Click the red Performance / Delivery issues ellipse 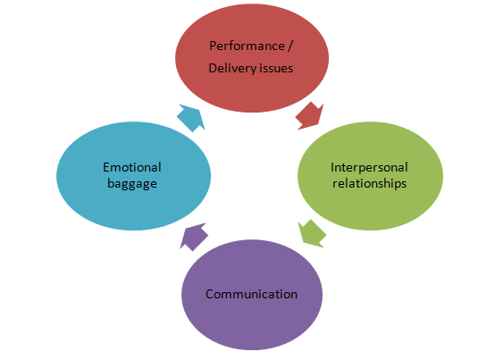(x=252, y=58)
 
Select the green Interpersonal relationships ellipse (x=370, y=176)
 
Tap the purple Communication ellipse (x=252, y=295)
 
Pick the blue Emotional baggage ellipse (x=133, y=176)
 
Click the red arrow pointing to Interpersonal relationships (x=309, y=116)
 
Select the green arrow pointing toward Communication (x=312, y=233)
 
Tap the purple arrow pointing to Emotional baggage (x=194, y=237)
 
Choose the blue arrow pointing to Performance (x=191, y=118)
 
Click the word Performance (x=247, y=46)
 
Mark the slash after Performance (x=289, y=46)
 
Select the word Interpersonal (x=369, y=168)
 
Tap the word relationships (x=370, y=183)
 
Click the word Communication (x=252, y=294)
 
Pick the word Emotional (x=132, y=167)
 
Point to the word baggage (x=132, y=184)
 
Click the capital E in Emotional (x=106, y=167)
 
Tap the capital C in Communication (x=210, y=294)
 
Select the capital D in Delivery (x=213, y=69)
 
